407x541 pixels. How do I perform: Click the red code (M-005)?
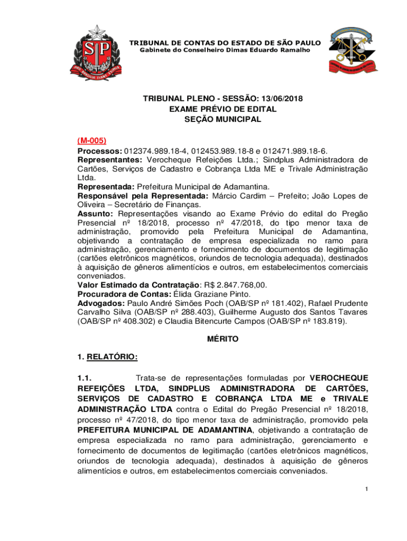coord(92,141)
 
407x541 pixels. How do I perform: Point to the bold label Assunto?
coord(95,213)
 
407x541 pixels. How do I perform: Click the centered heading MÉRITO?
coord(223,339)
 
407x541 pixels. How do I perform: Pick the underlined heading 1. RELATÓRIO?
coord(107,357)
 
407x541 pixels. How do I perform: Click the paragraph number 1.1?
coord(85,378)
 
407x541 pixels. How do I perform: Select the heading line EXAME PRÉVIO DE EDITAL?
coord(223,109)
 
